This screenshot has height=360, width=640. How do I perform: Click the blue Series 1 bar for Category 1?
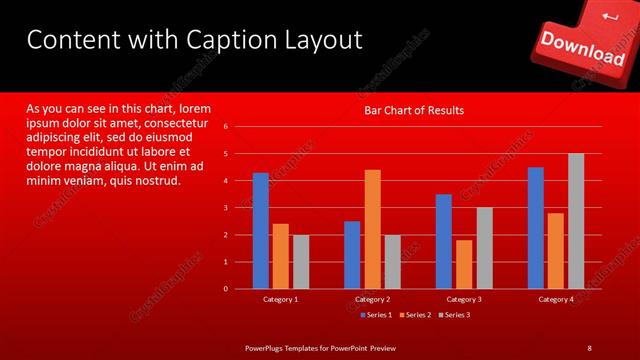click(260, 231)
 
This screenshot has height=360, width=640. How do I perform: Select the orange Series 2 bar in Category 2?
click(372, 229)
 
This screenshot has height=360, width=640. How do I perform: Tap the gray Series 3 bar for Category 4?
click(576, 221)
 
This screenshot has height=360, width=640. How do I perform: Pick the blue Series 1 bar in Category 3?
click(444, 241)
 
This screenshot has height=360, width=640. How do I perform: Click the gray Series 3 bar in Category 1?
click(301, 262)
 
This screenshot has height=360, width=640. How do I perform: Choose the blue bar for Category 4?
click(536, 228)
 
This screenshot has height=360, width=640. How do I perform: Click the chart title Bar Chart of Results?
click(413, 110)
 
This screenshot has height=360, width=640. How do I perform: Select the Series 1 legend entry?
click(375, 315)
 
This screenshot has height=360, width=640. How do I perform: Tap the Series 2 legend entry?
click(413, 315)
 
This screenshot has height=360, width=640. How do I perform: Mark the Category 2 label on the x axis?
click(372, 299)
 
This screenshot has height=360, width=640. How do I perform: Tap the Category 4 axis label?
click(556, 299)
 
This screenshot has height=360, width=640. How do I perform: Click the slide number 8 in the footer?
click(589, 347)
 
